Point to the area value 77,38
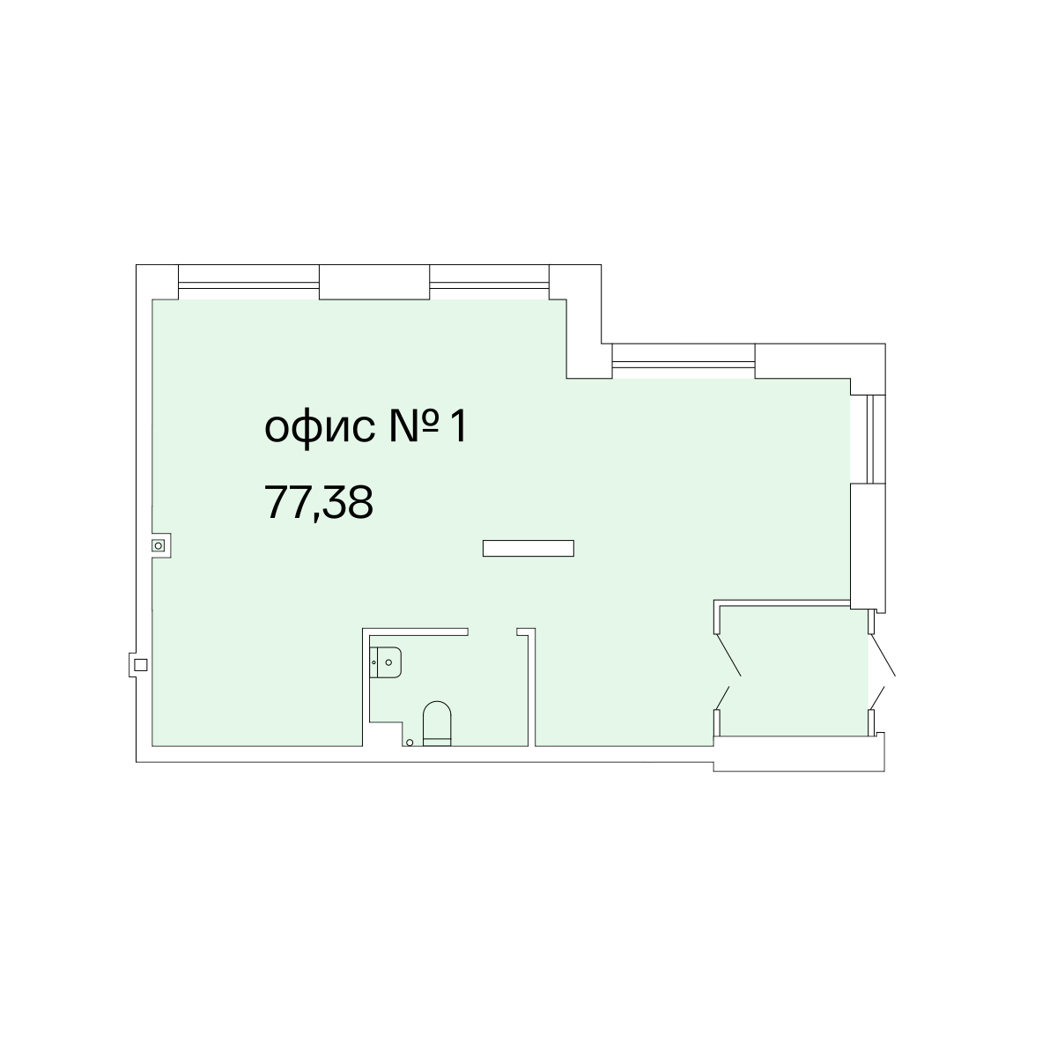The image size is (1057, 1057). click(x=319, y=502)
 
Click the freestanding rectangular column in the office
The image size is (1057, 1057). click(x=528, y=548)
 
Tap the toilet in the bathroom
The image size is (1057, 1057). click(x=437, y=723)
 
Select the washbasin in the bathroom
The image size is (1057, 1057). click(x=386, y=662)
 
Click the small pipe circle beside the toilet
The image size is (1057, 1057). click(x=410, y=743)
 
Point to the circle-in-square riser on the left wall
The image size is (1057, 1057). click(x=158, y=546)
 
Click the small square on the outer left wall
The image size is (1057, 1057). click(x=140, y=665)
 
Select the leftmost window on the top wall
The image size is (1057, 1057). click(x=248, y=285)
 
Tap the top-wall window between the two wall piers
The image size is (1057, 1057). click(x=489, y=285)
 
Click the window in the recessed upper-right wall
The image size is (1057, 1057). click(x=684, y=364)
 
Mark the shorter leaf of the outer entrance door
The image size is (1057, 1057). click(x=877, y=698)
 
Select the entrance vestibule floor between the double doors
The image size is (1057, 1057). click(x=794, y=671)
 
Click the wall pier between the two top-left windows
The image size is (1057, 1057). click(x=374, y=282)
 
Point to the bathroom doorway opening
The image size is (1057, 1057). click(x=492, y=632)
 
